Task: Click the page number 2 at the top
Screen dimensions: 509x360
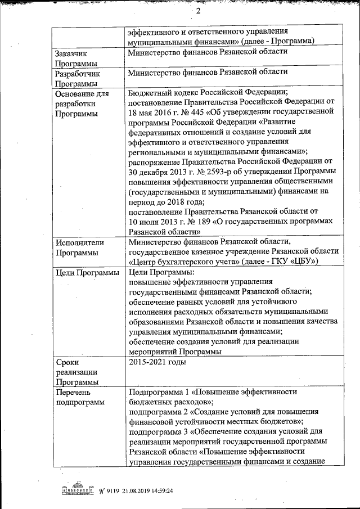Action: [198, 12]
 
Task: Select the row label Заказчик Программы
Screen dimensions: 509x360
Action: [76, 58]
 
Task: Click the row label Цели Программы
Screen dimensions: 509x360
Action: [87, 273]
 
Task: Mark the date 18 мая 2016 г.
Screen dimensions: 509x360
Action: [155, 112]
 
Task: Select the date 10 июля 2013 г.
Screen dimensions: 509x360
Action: [159, 221]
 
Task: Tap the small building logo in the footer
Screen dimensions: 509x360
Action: [76, 490]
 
